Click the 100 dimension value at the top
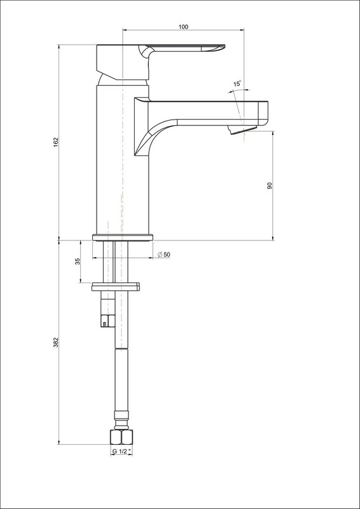[183, 27]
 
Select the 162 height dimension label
[55, 142]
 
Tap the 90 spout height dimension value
[270, 186]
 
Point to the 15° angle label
[237, 84]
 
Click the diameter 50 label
[164, 255]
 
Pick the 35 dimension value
[78, 261]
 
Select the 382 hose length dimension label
[55, 342]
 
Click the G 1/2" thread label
[121, 451]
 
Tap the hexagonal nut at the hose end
[121, 437]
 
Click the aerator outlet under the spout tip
[242, 130]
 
